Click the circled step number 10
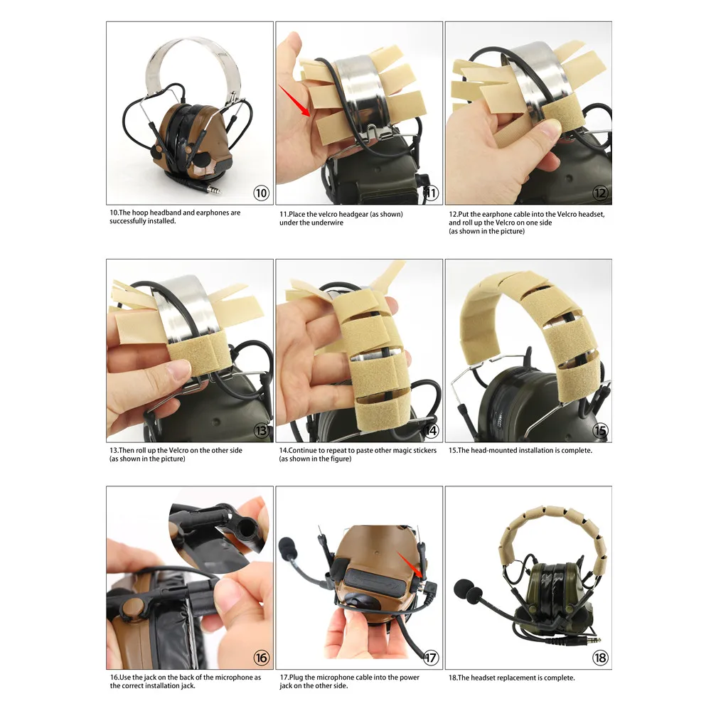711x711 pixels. click(262, 193)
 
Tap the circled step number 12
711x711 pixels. click(600, 193)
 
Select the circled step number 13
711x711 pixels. click(262, 430)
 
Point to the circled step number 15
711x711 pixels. click(600, 430)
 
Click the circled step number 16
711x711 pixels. click(262, 658)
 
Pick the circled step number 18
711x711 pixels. click(600, 658)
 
